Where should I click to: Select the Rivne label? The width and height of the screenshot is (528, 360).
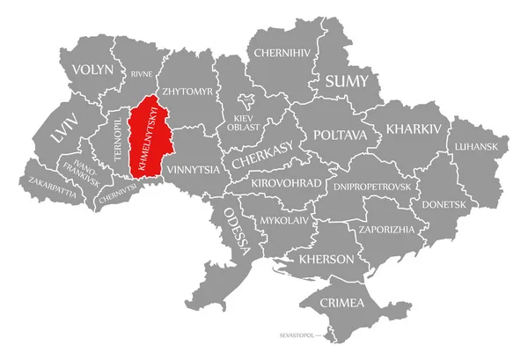[x=141, y=75]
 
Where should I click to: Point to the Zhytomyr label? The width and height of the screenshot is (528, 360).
[x=187, y=91]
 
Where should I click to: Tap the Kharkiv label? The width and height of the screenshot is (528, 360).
[x=411, y=129]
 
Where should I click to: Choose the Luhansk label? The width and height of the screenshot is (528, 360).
[x=477, y=146]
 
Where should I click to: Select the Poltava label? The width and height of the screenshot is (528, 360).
[x=338, y=136]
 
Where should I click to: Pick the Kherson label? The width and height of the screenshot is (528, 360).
[x=327, y=259]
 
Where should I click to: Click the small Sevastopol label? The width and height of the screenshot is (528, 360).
[x=297, y=335]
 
